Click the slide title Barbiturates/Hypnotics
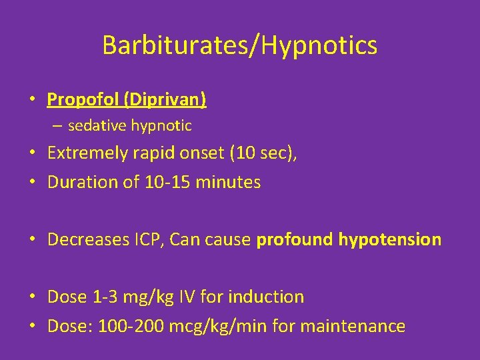pyautogui.click(x=240, y=45)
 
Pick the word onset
pyautogui.click(x=201, y=153)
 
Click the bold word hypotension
pyautogui.click(x=390, y=239)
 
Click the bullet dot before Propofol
pyautogui.click(x=32, y=101)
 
